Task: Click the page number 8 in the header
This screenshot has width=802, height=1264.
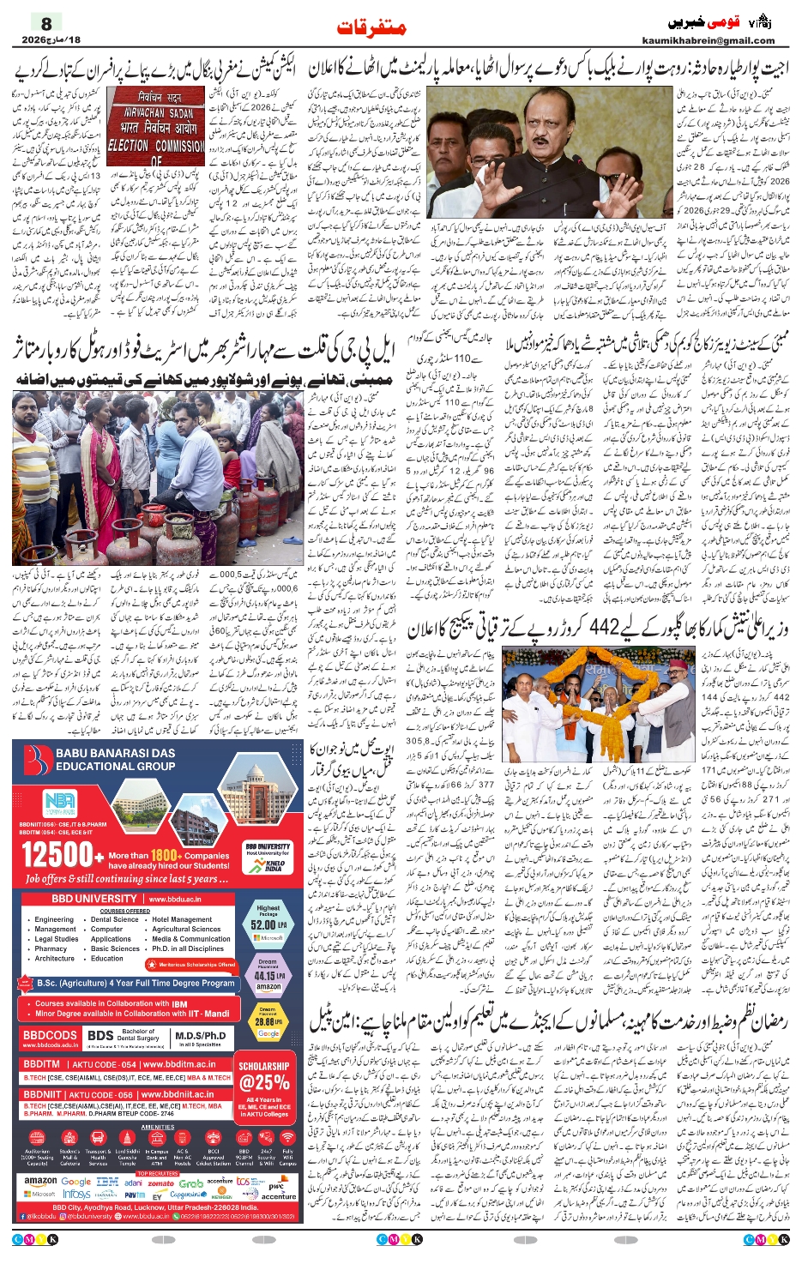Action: point(46,24)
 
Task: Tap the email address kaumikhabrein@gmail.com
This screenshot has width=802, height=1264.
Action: point(708,40)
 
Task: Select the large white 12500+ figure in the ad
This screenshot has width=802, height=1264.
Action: point(57,854)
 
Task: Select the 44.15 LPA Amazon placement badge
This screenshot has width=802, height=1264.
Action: point(268,975)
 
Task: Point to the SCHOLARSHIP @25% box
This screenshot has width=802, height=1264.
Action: point(263,1077)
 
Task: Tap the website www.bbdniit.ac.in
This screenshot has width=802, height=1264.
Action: point(177,1094)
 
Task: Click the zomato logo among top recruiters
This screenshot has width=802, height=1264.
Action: point(160,1183)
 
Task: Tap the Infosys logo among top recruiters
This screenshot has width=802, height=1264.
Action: point(76,1195)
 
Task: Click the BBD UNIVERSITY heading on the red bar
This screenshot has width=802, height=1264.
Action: point(93,899)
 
